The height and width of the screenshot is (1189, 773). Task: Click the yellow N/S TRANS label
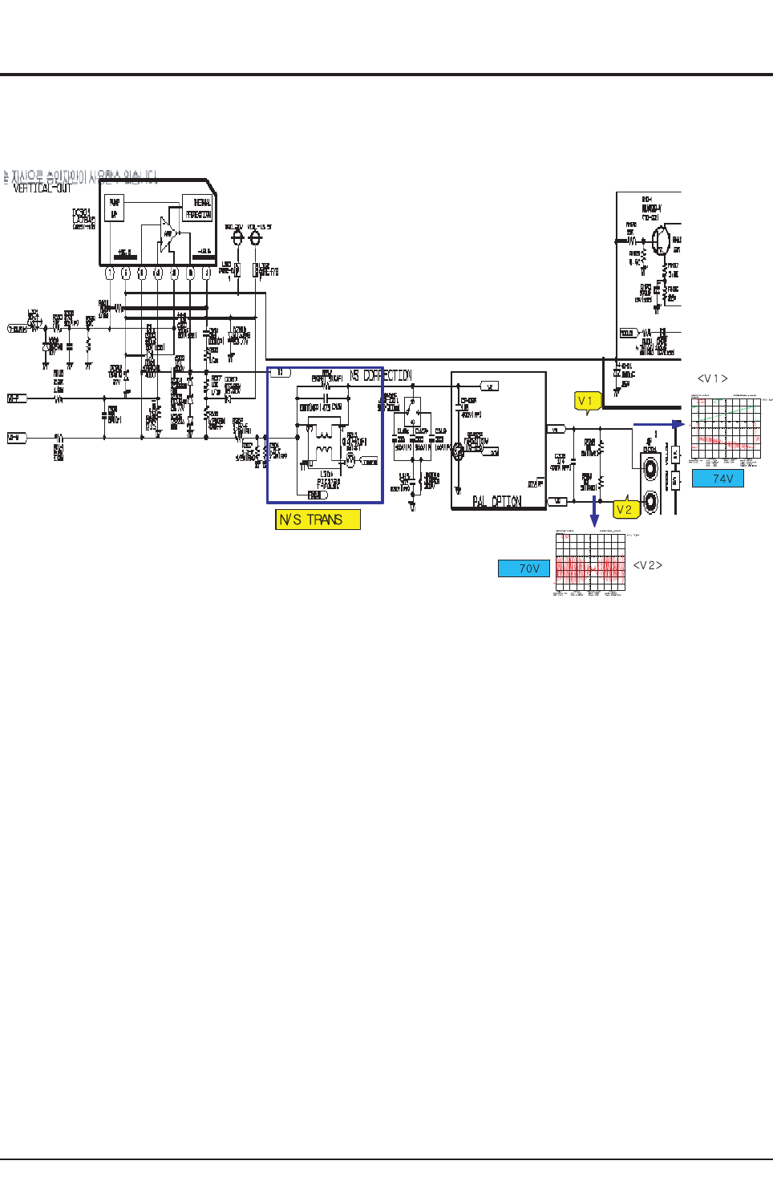318,520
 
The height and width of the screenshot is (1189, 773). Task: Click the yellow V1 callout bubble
587,401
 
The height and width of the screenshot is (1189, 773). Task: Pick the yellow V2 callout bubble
625,509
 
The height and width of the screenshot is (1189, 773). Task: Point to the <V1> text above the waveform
712,378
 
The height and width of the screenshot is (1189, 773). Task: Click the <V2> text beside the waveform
647,565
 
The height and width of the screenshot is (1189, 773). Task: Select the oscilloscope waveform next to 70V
590,563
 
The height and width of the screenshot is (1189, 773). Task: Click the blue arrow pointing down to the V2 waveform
594,513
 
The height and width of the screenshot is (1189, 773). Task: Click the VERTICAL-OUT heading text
42,188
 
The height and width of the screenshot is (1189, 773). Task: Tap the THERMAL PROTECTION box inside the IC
198,208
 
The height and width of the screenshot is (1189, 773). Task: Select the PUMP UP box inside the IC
114,208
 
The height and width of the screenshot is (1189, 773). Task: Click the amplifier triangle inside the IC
168,234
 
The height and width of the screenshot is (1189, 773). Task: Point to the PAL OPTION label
496,502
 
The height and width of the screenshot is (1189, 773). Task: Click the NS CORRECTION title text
381,375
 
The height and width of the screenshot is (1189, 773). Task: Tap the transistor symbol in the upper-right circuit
661,240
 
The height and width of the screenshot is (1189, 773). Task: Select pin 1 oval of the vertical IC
110,273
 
